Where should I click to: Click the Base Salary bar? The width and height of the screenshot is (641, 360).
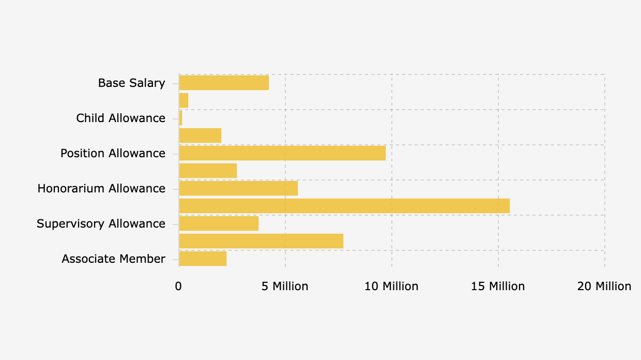pyautogui.click(x=224, y=83)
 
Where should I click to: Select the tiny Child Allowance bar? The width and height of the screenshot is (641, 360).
pyautogui.click(x=180, y=118)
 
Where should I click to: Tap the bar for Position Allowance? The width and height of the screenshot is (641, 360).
pyautogui.click(x=282, y=153)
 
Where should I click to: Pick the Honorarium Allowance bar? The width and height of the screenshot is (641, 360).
pyautogui.click(x=238, y=188)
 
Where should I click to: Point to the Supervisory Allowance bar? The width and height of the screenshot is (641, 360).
pyautogui.click(x=219, y=223)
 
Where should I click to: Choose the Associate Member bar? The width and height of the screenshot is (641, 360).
pyautogui.click(x=203, y=259)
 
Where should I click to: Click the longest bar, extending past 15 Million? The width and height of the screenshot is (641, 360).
pyautogui.click(x=344, y=206)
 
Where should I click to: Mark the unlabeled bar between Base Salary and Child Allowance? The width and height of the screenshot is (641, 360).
pyautogui.click(x=184, y=100)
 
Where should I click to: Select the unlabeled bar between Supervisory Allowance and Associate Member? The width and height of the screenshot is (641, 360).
pyautogui.click(x=261, y=241)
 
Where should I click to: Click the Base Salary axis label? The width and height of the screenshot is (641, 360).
pyautogui.click(x=132, y=83)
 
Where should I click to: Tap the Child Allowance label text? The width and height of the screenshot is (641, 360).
pyautogui.click(x=121, y=118)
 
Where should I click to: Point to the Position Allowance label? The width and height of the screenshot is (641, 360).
pyautogui.click(x=113, y=153)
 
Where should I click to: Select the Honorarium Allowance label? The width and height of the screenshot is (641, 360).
pyautogui.click(x=101, y=188)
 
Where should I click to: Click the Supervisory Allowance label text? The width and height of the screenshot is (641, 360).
pyautogui.click(x=101, y=223)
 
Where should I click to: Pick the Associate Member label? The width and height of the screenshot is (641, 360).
pyautogui.click(x=113, y=259)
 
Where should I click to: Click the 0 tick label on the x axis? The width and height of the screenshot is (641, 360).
pyautogui.click(x=178, y=286)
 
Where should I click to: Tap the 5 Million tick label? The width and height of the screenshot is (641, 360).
pyautogui.click(x=285, y=286)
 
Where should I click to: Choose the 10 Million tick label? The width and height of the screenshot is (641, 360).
pyautogui.click(x=391, y=286)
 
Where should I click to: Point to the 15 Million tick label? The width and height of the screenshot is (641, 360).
pyautogui.click(x=498, y=286)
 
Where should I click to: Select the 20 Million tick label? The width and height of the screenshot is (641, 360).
pyautogui.click(x=604, y=286)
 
